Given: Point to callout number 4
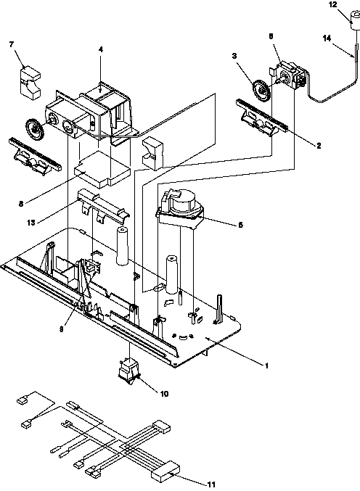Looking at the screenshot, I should tap(101, 49).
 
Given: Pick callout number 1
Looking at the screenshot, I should tap(266, 366).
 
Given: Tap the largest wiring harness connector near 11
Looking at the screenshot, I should tap(163, 473).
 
